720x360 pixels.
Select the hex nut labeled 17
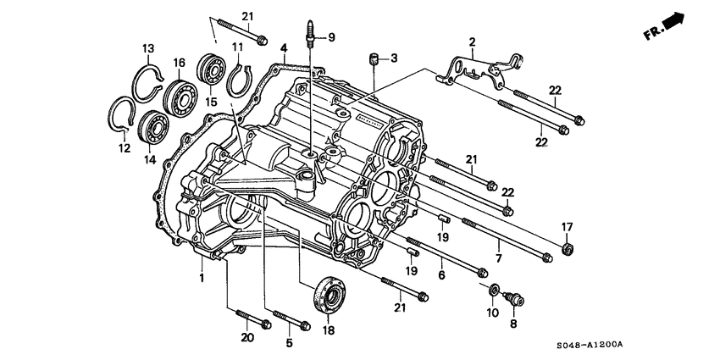click(568, 248)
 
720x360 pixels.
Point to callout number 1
click(202, 279)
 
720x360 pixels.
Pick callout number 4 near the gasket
click(285, 48)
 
